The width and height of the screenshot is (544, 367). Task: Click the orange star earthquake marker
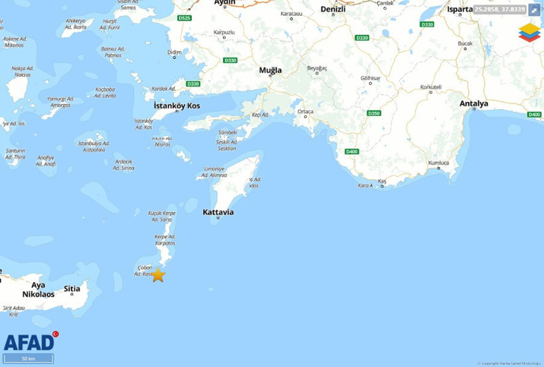click(x=157, y=275)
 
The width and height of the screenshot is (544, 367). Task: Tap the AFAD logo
click(x=30, y=342)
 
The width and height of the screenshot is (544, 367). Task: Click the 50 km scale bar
click(x=29, y=358)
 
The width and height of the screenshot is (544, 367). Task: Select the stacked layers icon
click(x=529, y=32)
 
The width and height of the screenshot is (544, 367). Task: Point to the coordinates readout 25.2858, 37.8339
click(x=500, y=10)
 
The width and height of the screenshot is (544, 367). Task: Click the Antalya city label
click(x=474, y=103)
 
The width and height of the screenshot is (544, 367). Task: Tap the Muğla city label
click(x=270, y=70)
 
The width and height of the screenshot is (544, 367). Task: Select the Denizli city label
click(x=333, y=9)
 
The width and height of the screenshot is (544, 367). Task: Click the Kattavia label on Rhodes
click(x=218, y=212)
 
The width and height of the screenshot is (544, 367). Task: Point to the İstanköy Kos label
click(x=176, y=106)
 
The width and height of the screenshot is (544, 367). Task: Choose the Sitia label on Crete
click(x=72, y=289)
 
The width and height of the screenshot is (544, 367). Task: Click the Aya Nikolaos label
click(x=38, y=289)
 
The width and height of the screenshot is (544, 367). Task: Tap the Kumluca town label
click(x=439, y=162)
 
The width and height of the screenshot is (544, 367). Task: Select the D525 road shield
click(x=184, y=18)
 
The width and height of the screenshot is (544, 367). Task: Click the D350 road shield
click(x=374, y=113)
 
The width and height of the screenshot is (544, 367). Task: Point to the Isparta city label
click(x=460, y=9)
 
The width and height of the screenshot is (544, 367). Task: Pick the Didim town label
click(x=174, y=52)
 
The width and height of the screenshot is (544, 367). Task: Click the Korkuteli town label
click(x=431, y=87)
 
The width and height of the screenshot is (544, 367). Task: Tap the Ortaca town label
click(x=305, y=111)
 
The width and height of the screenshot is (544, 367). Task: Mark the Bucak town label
click(x=465, y=43)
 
